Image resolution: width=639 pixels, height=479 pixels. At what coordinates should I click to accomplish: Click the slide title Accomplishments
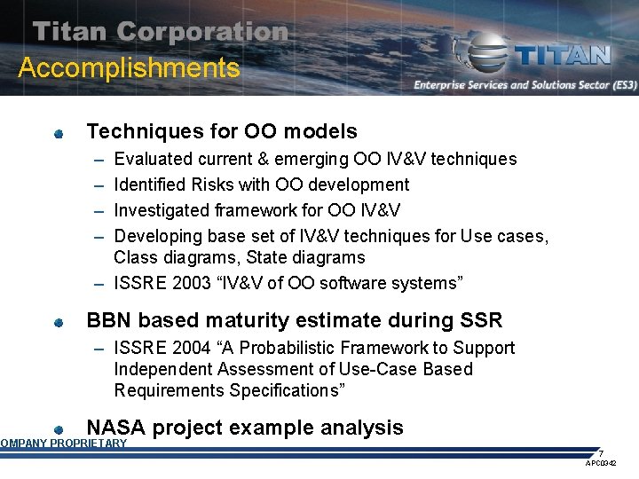pos(129,68)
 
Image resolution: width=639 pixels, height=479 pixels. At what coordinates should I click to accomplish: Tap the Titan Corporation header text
pos(161,32)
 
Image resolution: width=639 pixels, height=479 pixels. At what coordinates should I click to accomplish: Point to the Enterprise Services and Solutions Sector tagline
pos(525,85)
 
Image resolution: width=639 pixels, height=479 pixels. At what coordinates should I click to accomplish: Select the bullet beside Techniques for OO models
pos(58,134)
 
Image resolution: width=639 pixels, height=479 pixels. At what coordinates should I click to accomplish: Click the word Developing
pos(158,237)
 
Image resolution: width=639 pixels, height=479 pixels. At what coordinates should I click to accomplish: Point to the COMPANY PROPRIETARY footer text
pos(63,444)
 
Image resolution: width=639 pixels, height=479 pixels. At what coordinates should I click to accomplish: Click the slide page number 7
pos(601,453)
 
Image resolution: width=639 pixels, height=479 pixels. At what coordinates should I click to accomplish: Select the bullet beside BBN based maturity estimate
pos(58,323)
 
